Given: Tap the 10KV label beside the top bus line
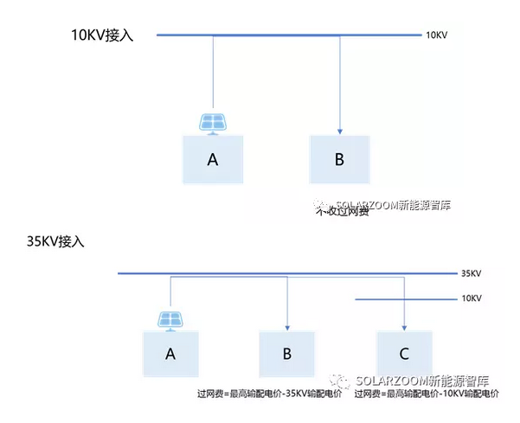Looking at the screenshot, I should [436, 36].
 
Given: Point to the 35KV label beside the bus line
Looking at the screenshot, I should [471, 273].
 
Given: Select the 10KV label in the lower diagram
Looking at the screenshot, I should [471, 298].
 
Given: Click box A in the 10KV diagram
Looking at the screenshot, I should [212, 158].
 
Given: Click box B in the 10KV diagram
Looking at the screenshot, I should [339, 158].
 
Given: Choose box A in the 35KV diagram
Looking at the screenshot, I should [170, 353].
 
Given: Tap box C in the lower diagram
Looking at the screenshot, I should [404, 353].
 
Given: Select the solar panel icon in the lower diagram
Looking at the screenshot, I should [170, 319].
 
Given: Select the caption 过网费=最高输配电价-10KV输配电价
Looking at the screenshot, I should [426, 394].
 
